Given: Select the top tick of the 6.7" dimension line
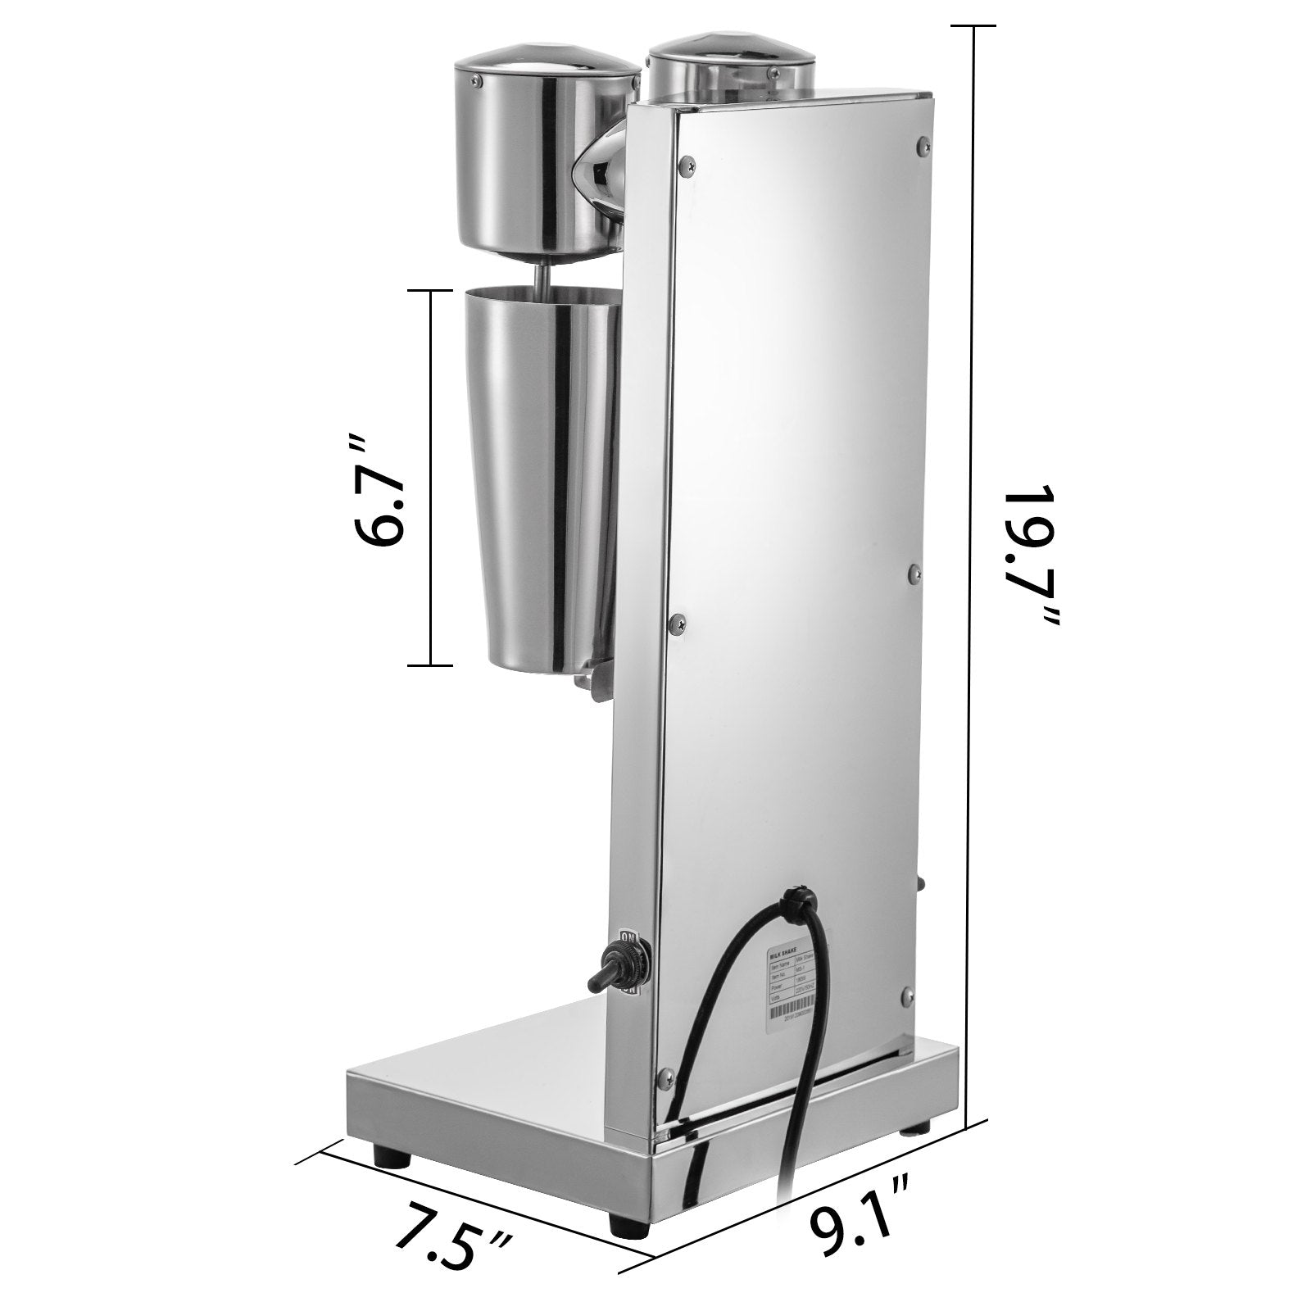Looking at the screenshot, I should [x=430, y=290].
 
